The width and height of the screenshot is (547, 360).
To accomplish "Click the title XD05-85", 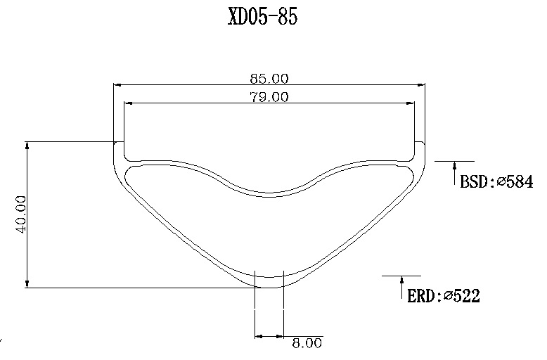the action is point(263,16).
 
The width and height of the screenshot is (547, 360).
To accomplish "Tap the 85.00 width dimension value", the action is point(269,79).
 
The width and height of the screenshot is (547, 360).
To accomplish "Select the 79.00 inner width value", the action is point(269,96).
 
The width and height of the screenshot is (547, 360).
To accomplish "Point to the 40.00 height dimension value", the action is point(21,214).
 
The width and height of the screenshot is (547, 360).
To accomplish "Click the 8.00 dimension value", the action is point(307,343).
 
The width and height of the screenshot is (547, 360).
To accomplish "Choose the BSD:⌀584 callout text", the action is point(496,182).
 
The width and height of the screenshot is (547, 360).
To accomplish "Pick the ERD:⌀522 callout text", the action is point(444,296).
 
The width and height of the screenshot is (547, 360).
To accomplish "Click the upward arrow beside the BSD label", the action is point(455,173).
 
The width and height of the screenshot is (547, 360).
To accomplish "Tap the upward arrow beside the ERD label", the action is point(402,288).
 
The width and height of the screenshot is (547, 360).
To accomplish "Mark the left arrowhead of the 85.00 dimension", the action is point(117,85).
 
